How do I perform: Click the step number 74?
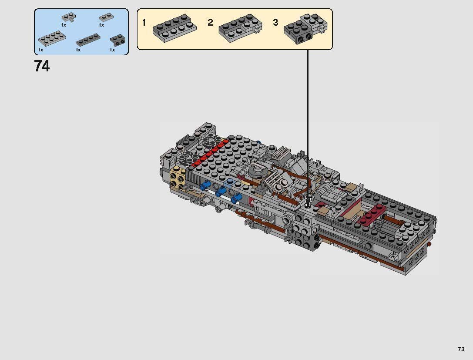point(42,66)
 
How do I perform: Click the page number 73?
point(461,349)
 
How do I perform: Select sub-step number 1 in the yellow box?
point(144,23)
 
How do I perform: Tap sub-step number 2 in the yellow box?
point(210,23)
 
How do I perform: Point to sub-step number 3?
point(275,23)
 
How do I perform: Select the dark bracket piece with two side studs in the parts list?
point(117,40)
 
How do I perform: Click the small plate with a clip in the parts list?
point(68,17)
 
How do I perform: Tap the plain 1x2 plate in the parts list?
point(105,17)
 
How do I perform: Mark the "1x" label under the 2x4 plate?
point(40,50)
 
